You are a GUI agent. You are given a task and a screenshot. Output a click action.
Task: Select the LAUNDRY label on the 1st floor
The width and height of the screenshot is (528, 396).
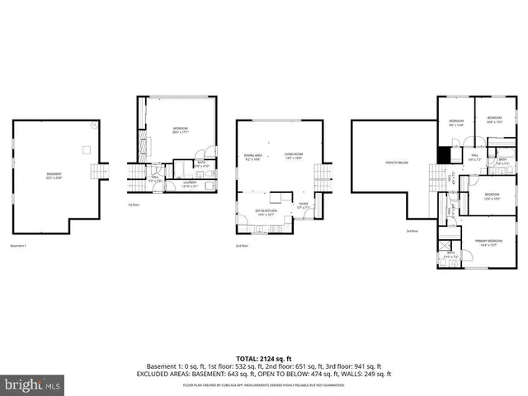click(x=190, y=185)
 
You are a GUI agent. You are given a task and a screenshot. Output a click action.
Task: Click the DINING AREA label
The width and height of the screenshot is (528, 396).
click(x=252, y=157)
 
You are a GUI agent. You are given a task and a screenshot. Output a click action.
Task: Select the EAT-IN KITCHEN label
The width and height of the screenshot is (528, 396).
click(x=266, y=212)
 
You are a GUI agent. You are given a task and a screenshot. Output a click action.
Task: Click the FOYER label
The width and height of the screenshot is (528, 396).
click(x=303, y=206)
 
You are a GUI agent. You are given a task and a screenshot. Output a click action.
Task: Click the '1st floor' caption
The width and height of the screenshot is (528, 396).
click(x=133, y=205)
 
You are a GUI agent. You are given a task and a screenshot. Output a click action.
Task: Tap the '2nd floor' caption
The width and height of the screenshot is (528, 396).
click(x=241, y=246)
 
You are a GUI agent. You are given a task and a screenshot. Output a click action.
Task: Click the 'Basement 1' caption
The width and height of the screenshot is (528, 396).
click(x=19, y=246)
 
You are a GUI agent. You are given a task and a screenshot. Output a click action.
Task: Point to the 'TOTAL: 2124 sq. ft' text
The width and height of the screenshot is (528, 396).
click(x=263, y=357)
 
